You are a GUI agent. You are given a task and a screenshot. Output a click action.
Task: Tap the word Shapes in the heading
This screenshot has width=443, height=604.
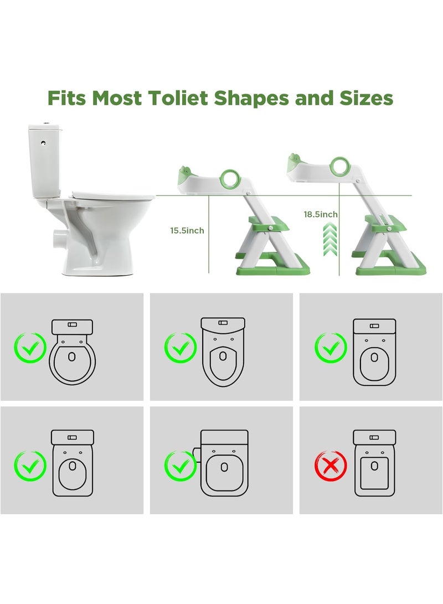(x=251, y=99)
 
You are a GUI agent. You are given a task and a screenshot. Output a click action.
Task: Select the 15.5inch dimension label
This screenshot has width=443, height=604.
(x=187, y=230)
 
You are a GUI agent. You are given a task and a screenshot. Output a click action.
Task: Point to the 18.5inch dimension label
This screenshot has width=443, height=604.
(x=321, y=214)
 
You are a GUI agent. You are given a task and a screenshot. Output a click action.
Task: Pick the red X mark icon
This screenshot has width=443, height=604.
(x=331, y=466)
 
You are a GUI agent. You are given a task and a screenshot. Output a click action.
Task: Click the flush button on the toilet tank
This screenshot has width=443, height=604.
(x=44, y=143)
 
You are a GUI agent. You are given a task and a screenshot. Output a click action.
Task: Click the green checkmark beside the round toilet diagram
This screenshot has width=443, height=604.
(x=30, y=347)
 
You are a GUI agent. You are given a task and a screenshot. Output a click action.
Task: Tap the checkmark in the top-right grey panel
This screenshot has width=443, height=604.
(x=331, y=348)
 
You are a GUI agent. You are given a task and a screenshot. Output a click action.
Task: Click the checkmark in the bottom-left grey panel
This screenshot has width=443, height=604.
(x=30, y=466)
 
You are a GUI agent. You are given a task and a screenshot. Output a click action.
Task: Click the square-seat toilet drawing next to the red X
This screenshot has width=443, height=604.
(x=374, y=463)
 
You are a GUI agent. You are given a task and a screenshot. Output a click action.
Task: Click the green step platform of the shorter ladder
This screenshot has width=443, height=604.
(x=268, y=224)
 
